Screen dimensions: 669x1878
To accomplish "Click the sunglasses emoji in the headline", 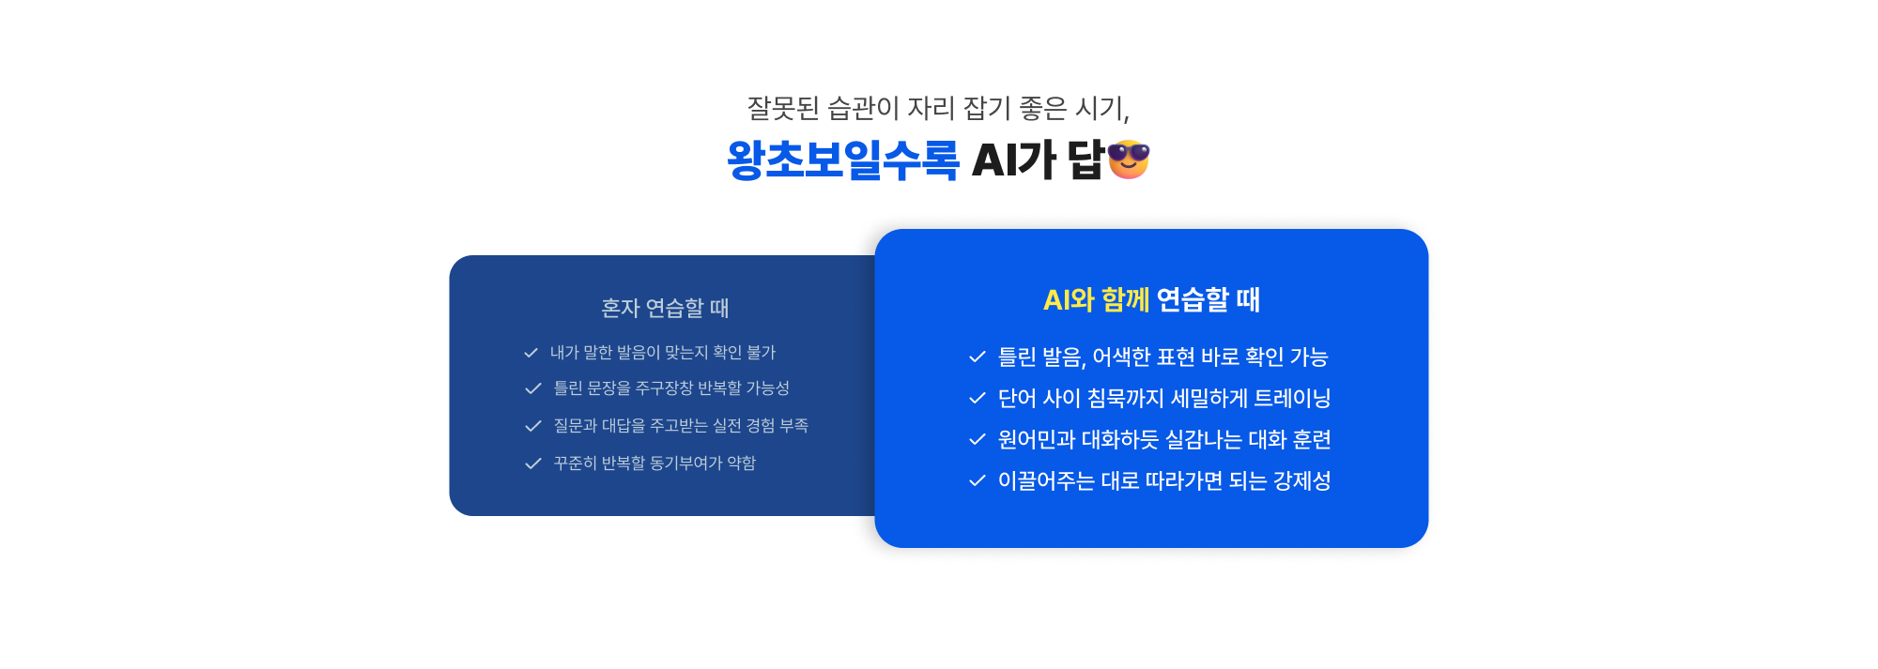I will pyautogui.click(x=1128, y=160).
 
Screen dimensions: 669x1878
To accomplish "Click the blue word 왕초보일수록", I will pyautogui.click(x=842, y=160).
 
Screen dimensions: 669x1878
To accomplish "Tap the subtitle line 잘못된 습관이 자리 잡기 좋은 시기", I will pyautogui.click(x=937, y=108).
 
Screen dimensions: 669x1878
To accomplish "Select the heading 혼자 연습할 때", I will pyautogui.click(x=665, y=308).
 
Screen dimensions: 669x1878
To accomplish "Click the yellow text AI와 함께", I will pyautogui.click(x=1096, y=299).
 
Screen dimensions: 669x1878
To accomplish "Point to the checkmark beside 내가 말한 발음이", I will pyautogui.click(x=531, y=353).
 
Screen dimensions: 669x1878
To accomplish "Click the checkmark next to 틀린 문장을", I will pyautogui.click(x=533, y=388).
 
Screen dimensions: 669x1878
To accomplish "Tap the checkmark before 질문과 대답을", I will pyautogui.click(x=533, y=426).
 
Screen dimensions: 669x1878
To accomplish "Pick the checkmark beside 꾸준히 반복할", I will pyautogui.click(x=533, y=464).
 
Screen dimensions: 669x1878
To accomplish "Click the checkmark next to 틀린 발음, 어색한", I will pyautogui.click(x=977, y=357).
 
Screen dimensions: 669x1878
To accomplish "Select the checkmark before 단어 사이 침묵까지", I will pyautogui.click(x=977, y=398).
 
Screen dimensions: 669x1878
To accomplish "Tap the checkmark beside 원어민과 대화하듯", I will pyautogui.click(x=977, y=439).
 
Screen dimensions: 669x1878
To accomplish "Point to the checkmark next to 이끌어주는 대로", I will pyautogui.click(x=977, y=480).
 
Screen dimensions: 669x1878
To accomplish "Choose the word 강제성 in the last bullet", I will pyautogui.click(x=1301, y=480).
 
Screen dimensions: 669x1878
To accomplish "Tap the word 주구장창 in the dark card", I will pyautogui.click(x=664, y=388).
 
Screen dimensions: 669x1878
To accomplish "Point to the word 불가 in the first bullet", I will pyautogui.click(x=761, y=353).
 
